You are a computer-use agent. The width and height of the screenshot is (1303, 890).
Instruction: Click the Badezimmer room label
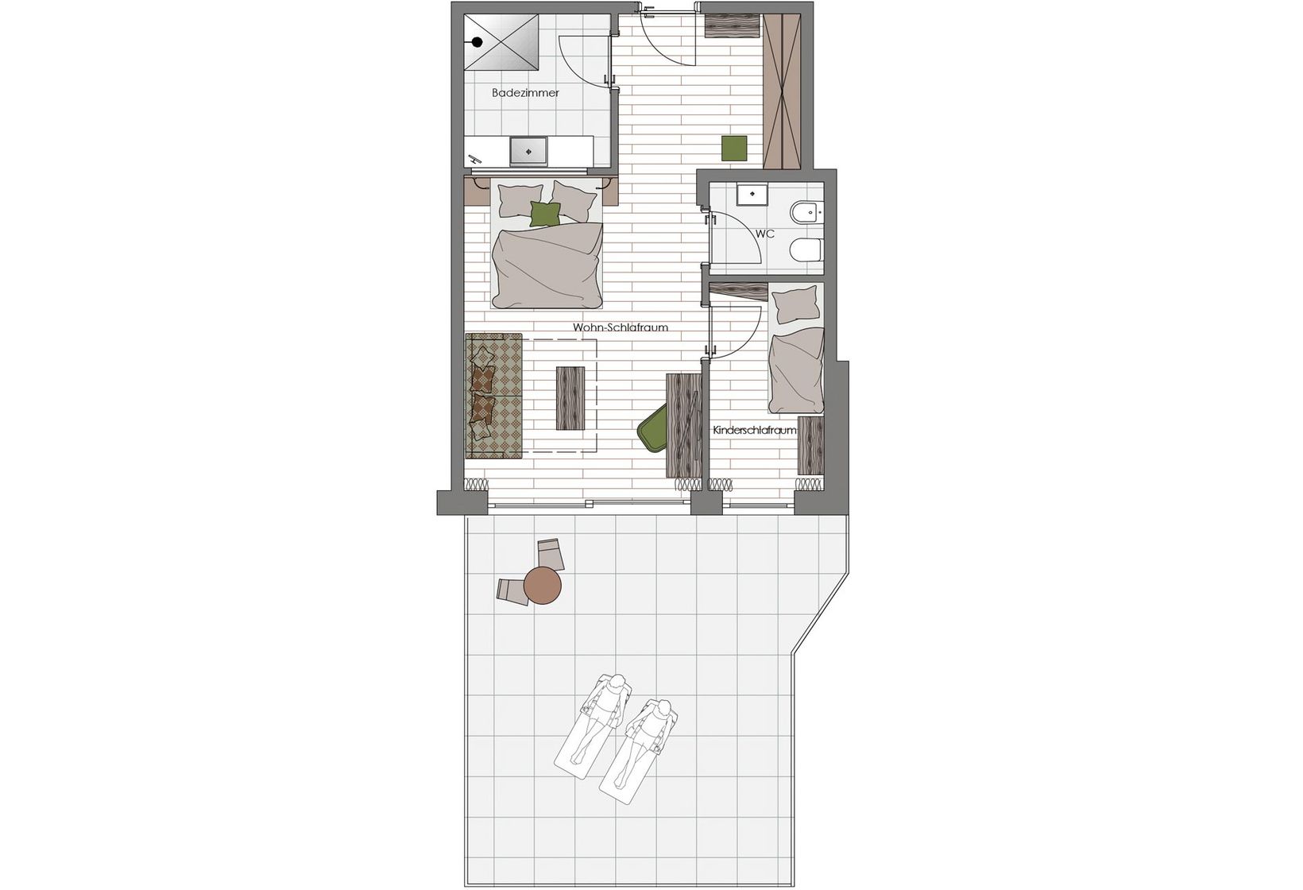pos(525,93)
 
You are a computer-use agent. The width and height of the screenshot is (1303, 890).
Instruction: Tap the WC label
pos(765,234)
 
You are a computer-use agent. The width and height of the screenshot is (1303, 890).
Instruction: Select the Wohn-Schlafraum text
pos(620,327)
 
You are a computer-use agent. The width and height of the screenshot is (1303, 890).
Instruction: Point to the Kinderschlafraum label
pos(755,431)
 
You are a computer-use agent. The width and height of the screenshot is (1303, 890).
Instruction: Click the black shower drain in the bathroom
pos(477,42)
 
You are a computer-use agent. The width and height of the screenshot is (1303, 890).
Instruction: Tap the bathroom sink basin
pos(122,151)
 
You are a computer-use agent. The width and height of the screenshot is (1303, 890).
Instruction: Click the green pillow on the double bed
pos(546,214)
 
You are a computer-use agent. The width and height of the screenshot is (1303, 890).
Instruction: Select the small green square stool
pos(734,148)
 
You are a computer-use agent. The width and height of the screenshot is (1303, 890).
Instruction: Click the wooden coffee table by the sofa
pos(570,398)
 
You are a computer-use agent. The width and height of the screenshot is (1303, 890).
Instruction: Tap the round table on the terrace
pos(542,585)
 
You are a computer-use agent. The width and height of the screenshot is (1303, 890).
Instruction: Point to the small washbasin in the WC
pos(752,194)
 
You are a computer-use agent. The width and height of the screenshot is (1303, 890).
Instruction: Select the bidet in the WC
pos(806,213)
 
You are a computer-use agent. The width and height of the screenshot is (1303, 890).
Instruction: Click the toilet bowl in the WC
pos(806,250)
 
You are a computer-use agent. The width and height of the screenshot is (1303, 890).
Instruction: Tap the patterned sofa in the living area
pos(494,397)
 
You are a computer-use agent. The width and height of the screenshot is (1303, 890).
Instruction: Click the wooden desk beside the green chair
pos(683,425)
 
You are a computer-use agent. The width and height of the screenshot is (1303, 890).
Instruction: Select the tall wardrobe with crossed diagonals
pos(782,91)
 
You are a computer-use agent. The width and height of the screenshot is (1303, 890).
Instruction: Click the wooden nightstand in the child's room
pos(811,446)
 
